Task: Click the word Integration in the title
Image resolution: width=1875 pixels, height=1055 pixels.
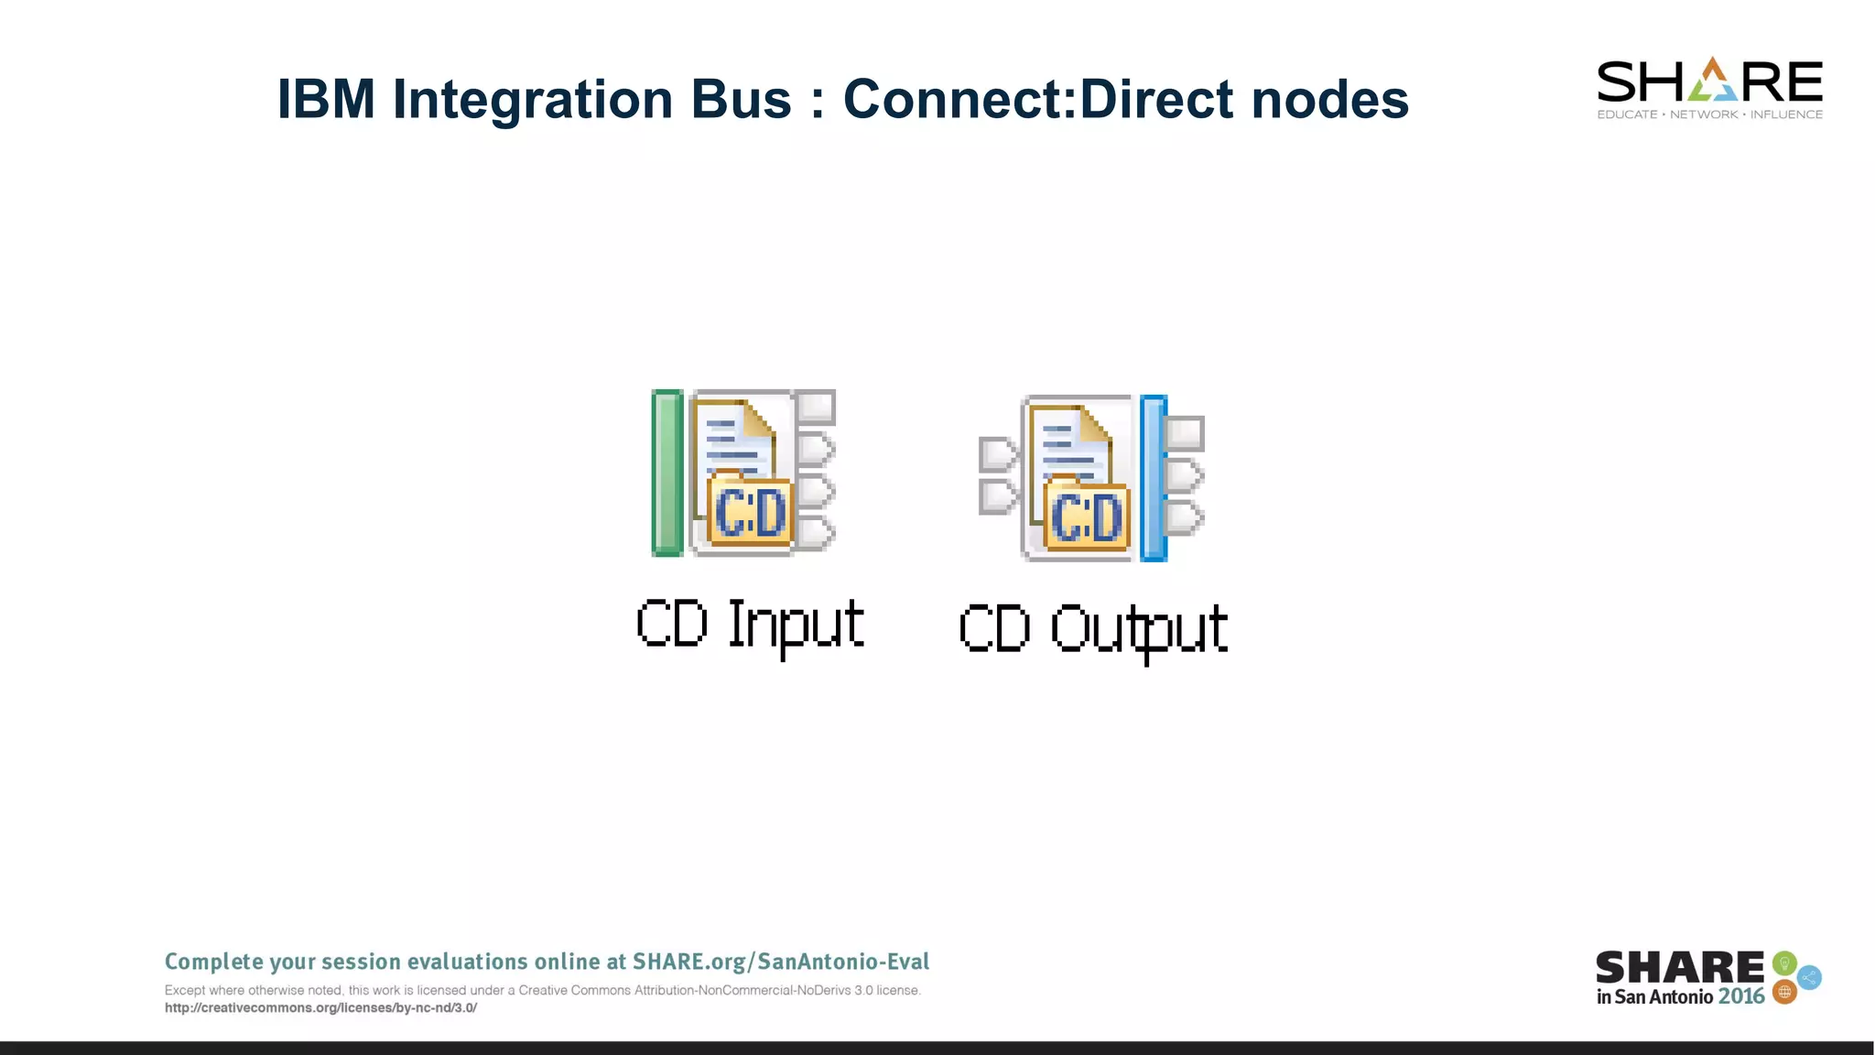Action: [x=534, y=99]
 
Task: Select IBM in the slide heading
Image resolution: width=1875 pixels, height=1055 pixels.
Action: [x=326, y=99]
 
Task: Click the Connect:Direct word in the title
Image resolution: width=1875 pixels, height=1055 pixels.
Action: [x=1038, y=99]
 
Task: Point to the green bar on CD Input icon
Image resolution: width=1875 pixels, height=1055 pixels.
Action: [x=667, y=473]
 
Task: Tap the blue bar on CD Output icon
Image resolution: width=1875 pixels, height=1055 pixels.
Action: [x=1154, y=478]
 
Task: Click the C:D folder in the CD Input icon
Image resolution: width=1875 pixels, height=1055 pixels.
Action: [x=750, y=513]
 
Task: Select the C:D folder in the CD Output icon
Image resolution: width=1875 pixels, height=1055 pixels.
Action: [x=1087, y=517]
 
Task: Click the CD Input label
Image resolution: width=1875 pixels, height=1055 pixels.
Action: [x=750, y=625]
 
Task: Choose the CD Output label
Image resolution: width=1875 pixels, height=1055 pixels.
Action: [x=1093, y=629]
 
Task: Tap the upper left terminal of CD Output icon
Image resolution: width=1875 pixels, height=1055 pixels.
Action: [x=997, y=454]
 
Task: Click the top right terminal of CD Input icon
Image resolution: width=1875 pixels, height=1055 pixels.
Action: [x=816, y=407]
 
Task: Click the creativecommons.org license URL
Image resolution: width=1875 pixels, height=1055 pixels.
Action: [x=320, y=1008]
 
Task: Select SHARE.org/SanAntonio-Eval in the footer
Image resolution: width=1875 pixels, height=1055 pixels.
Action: [x=781, y=962]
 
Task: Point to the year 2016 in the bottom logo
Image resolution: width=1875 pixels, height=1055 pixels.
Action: [x=1741, y=996]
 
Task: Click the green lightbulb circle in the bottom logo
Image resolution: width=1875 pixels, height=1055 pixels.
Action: [x=1783, y=963]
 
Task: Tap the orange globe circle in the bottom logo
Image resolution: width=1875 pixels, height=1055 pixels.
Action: [x=1784, y=992]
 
